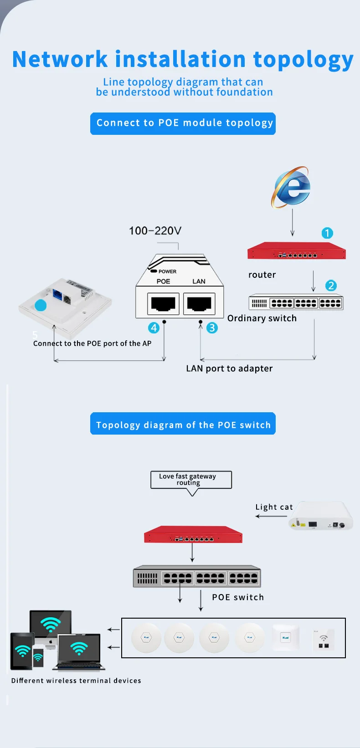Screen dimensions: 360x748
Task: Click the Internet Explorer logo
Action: (291, 187)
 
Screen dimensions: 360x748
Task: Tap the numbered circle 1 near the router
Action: (327, 233)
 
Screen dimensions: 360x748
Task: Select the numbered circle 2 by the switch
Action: (331, 286)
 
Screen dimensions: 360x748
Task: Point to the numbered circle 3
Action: (212, 328)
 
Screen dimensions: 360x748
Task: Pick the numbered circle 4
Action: (154, 328)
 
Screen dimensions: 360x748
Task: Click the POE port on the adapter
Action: (163, 304)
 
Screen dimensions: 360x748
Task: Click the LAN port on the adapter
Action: (199, 304)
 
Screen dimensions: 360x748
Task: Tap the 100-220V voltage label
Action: (155, 231)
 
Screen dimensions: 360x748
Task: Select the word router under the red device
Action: (262, 275)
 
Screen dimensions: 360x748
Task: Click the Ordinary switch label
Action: (262, 318)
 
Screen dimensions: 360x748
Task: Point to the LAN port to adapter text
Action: (229, 369)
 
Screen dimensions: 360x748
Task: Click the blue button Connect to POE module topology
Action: (183, 123)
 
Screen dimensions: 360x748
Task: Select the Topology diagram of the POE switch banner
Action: (183, 423)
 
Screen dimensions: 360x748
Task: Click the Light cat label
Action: (274, 507)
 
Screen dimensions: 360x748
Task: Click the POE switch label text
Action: (238, 597)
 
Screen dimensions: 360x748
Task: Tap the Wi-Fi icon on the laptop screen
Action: (79, 648)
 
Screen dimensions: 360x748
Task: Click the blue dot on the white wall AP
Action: (41, 305)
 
